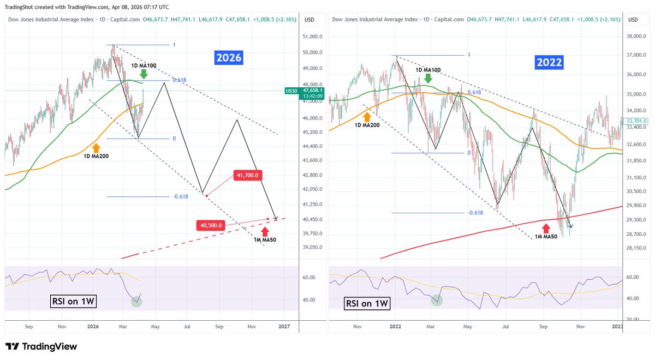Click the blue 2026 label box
pyautogui.click(x=228, y=57)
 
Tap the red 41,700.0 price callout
pyautogui.click(x=247, y=175)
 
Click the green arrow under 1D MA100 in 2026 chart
pyautogui.click(x=143, y=74)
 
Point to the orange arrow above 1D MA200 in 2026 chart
pyautogui.click(x=97, y=147)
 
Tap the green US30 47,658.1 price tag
pyautogui.click(x=298, y=92)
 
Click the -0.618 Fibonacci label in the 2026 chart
pyautogui.click(x=180, y=197)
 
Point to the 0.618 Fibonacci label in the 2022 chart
pyautogui.click(x=474, y=93)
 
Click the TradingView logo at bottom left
pyautogui.click(x=41, y=346)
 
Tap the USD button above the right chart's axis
pyautogui.click(x=633, y=20)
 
